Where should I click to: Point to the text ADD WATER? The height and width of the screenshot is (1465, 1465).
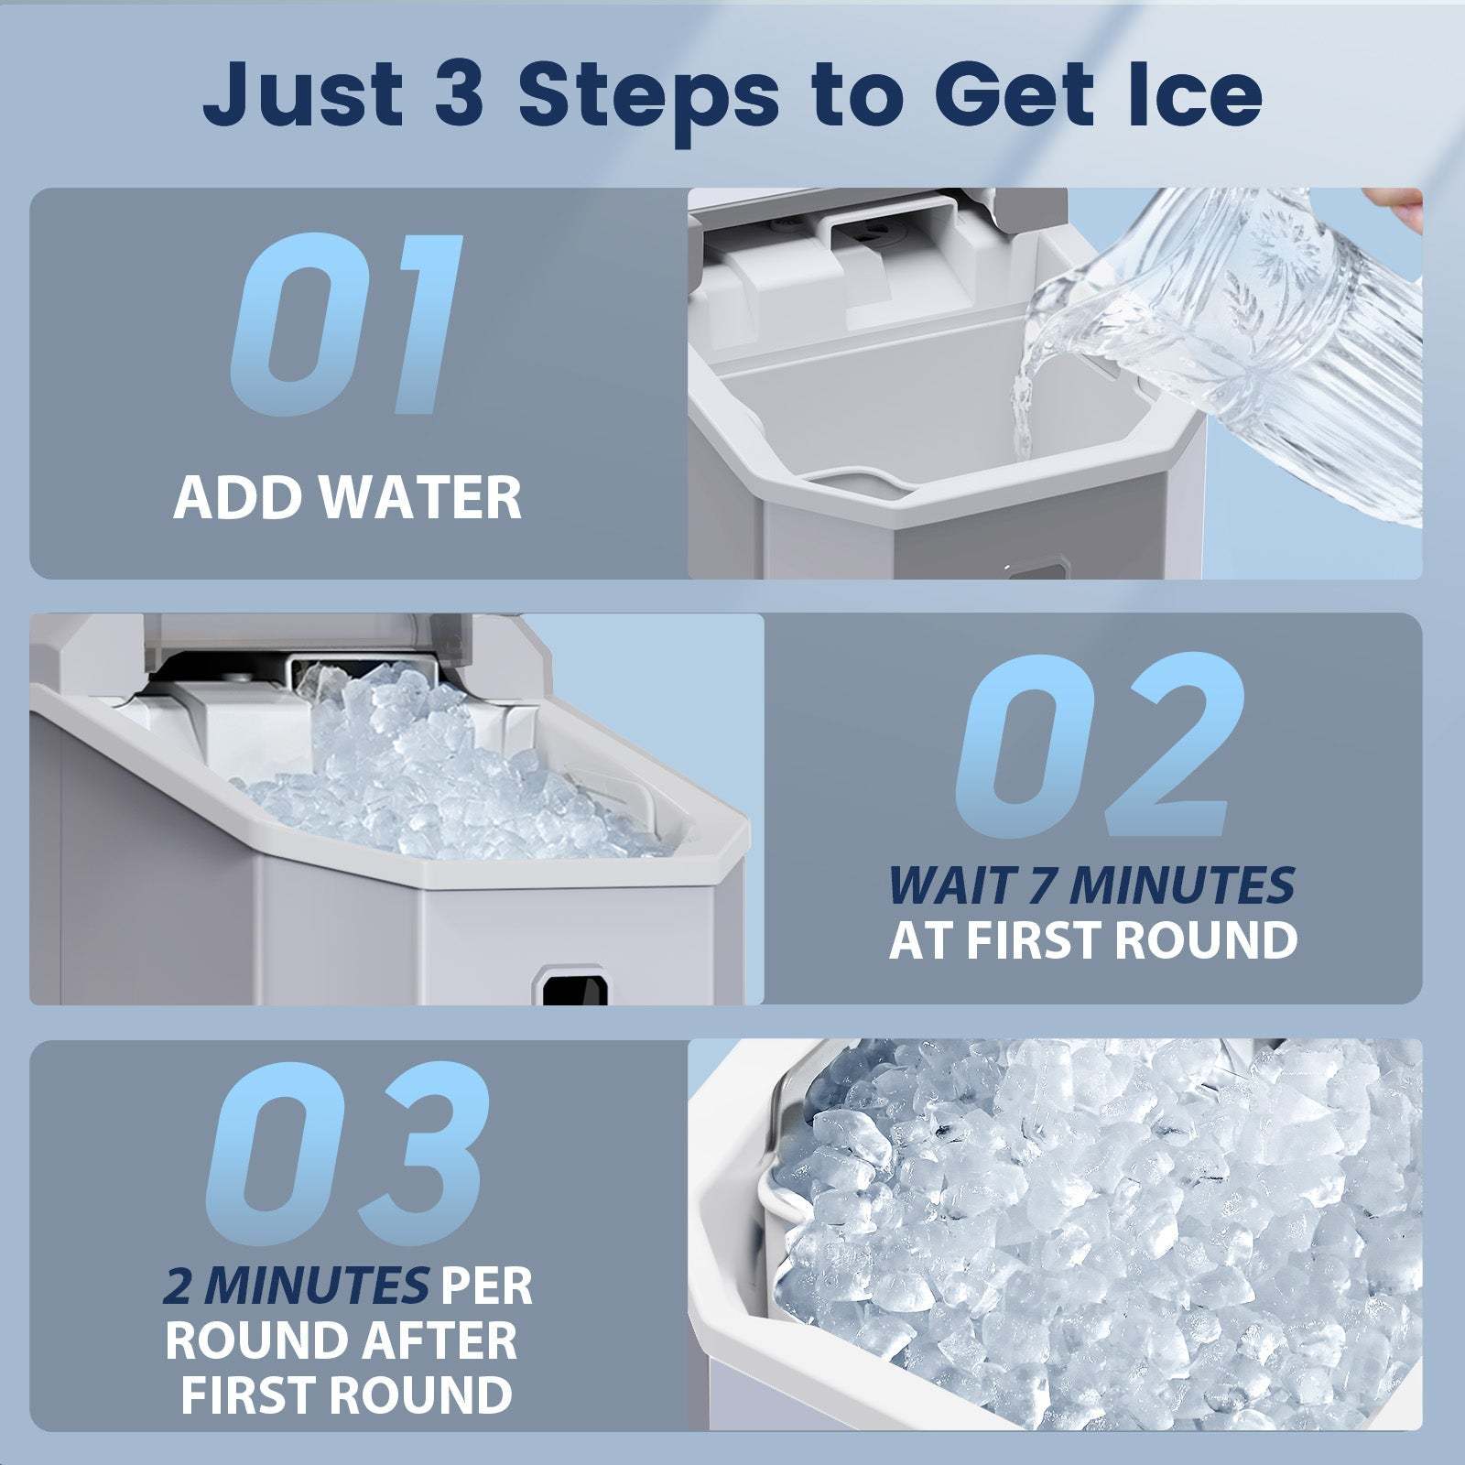pos(348,498)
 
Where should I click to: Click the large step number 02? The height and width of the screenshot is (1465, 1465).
pos(1094,746)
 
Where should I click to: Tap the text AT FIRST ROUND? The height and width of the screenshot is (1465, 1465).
pos(1093,939)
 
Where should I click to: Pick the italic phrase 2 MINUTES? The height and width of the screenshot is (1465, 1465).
pos(295,1286)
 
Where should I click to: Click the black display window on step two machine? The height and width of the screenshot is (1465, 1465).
pos(575,989)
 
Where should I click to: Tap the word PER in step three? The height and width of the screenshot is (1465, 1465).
pos(485,1286)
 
